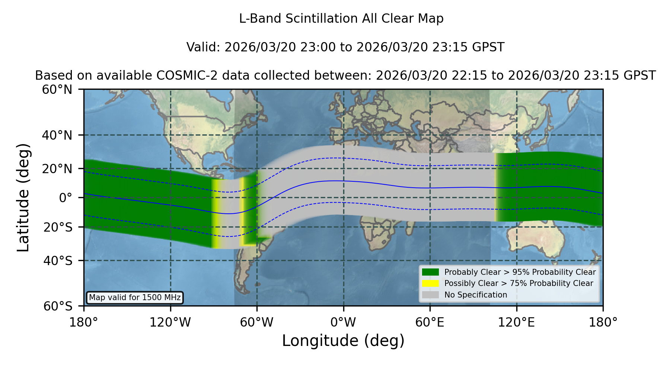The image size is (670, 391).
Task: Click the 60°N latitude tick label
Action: click(x=57, y=90)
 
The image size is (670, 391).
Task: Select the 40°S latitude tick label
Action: click(x=58, y=261)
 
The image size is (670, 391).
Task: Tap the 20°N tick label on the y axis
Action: click(x=57, y=169)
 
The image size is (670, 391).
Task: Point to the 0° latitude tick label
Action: click(x=66, y=198)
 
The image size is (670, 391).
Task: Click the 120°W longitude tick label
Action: click(x=170, y=322)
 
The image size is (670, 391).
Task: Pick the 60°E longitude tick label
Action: click(x=430, y=322)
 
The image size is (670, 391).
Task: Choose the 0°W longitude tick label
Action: click(x=344, y=322)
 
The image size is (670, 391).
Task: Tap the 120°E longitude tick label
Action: click(x=516, y=322)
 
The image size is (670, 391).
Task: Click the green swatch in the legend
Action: click(x=431, y=272)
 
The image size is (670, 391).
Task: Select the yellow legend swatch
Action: click(x=431, y=283)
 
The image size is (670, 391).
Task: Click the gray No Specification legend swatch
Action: click(x=431, y=295)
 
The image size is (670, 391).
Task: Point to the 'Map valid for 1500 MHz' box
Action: click(x=135, y=298)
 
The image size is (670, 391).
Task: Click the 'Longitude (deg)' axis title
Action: click(x=343, y=341)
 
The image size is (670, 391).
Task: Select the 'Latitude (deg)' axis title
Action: click(x=23, y=197)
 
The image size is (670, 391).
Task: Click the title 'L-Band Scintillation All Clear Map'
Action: click(x=341, y=19)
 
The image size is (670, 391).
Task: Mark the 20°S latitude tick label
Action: click(x=58, y=227)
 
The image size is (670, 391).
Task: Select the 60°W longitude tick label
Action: click(x=257, y=322)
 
